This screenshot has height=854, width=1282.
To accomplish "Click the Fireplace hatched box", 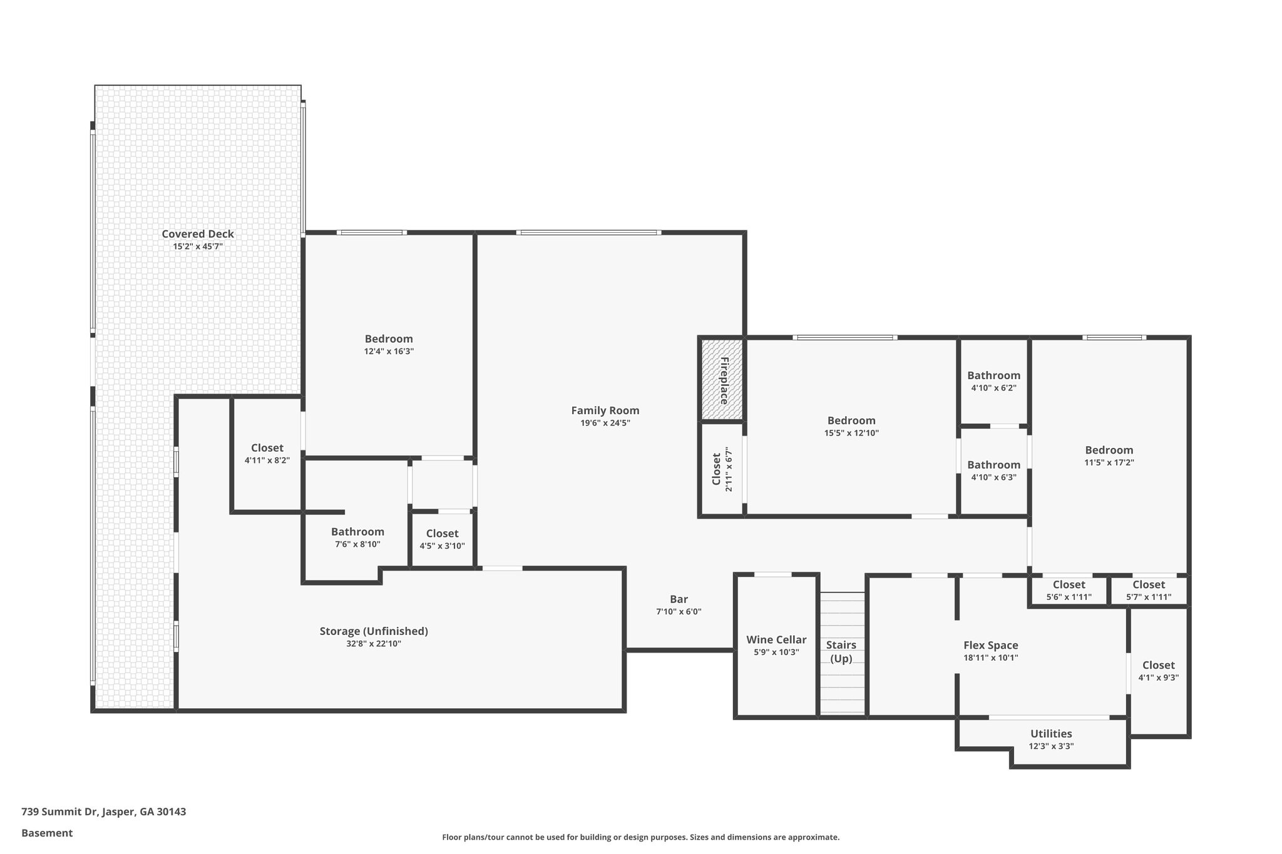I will coord(722,379).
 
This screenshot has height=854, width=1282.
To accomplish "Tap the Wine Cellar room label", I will coord(776,640).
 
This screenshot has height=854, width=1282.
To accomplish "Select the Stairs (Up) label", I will coord(841,651).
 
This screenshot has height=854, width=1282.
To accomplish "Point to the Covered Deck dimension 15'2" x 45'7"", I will coord(198,247).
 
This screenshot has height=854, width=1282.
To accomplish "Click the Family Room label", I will coord(605,410).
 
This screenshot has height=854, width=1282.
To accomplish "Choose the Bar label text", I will coord(679,599).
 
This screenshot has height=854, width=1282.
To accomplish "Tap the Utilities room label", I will coord(1051,734).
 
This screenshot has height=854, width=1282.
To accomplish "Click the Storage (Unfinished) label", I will coord(374,631).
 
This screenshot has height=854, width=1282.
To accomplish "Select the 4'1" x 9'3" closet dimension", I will coord(1158,677).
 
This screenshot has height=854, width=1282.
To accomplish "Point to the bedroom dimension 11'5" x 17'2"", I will coord(1109,463).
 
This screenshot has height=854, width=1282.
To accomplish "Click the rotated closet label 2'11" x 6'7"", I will coord(722,469).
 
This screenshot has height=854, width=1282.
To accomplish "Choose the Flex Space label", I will coord(990,645).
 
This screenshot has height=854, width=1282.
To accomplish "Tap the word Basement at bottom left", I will coord(47,833).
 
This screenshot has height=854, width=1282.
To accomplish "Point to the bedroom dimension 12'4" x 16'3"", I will coord(389,352).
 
